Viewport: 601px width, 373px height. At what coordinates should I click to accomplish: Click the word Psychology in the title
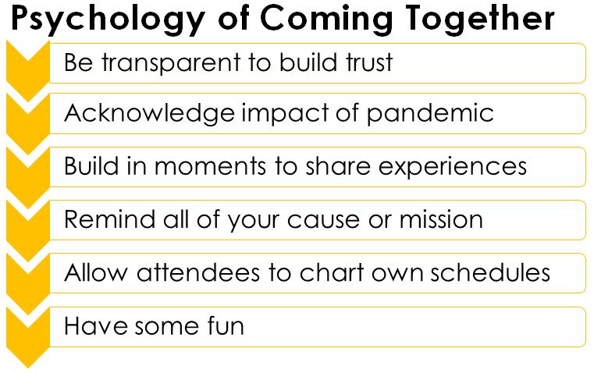click(108, 20)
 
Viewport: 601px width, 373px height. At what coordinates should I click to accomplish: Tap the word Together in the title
click(480, 20)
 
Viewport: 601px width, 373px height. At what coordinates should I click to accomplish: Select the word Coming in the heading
click(326, 20)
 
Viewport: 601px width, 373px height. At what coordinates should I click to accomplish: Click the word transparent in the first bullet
click(172, 63)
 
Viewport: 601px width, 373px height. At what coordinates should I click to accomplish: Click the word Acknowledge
click(149, 114)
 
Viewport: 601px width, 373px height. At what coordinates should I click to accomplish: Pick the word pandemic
click(430, 114)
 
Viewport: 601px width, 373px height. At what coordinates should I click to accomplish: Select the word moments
click(210, 167)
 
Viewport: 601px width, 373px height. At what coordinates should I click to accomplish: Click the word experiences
click(453, 168)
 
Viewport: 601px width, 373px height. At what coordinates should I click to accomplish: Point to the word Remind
click(108, 219)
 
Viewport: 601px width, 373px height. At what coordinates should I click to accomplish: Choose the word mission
click(441, 219)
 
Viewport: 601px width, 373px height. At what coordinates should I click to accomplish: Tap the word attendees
click(197, 273)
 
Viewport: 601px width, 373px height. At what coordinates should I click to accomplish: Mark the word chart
click(332, 273)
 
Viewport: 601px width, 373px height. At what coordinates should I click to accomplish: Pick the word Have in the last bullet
click(95, 326)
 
